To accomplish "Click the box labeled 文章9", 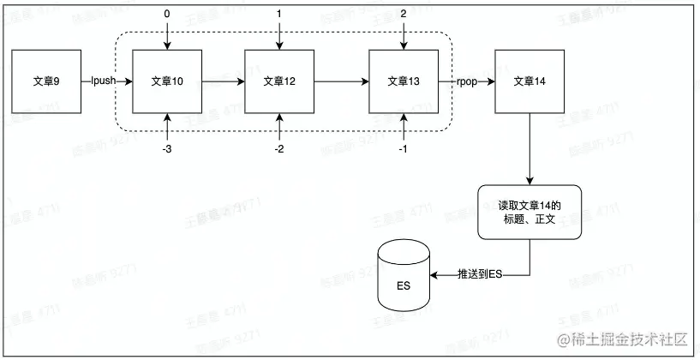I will [x=46, y=82].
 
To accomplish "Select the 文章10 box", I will [x=167, y=82].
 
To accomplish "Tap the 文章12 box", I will [x=279, y=82].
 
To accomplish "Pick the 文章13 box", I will [x=404, y=82].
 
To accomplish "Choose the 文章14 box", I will [x=529, y=82].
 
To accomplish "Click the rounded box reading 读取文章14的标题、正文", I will [x=529, y=212].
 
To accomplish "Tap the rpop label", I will [x=469, y=82].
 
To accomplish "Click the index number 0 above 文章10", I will [x=167, y=15].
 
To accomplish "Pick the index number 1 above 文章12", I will [x=279, y=15].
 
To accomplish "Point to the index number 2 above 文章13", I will [x=404, y=15].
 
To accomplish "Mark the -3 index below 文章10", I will [x=167, y=148].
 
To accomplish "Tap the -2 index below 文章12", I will [x=279, y=148].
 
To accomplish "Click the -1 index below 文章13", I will [x=404, y=148].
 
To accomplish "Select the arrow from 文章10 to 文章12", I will [x=223, y=82].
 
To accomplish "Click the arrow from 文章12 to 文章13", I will [x=341, y=82].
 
